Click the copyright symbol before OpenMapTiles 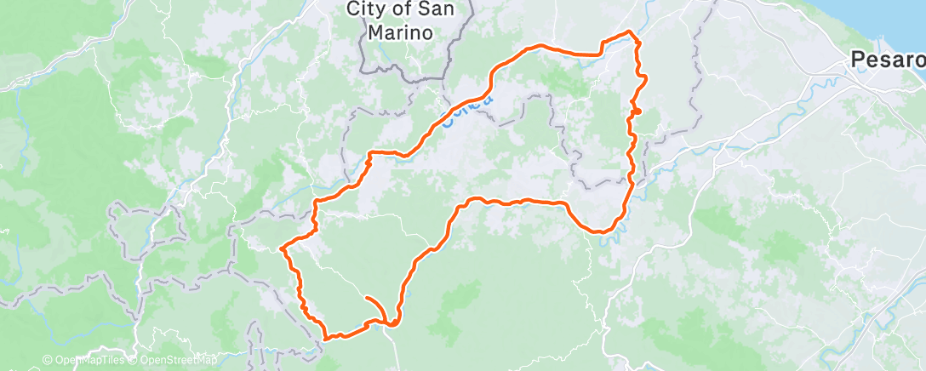[x=48, y=361]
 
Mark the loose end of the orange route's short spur [x=365, y=298]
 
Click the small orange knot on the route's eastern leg [x=637, y=111]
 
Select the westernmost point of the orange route [x=282, y=248]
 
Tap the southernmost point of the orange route [x=328, y=337]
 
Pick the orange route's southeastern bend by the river [x=603, y=231]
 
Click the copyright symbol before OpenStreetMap [x=131, y=361]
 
